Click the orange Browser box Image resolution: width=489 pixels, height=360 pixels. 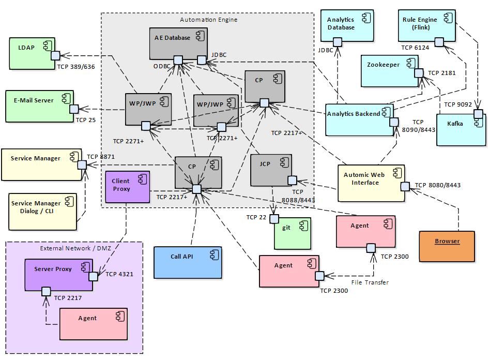click(447, 246)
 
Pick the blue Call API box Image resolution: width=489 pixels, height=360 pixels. click(188, 263)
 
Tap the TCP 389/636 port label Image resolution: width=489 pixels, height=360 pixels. click(76, 67)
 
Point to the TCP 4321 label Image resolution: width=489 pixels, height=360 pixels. click(119, 274)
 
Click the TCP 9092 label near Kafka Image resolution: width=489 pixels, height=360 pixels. click(458, 104)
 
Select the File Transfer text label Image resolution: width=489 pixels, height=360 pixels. click(370, 282)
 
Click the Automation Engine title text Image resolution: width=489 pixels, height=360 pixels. click(208, 20)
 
